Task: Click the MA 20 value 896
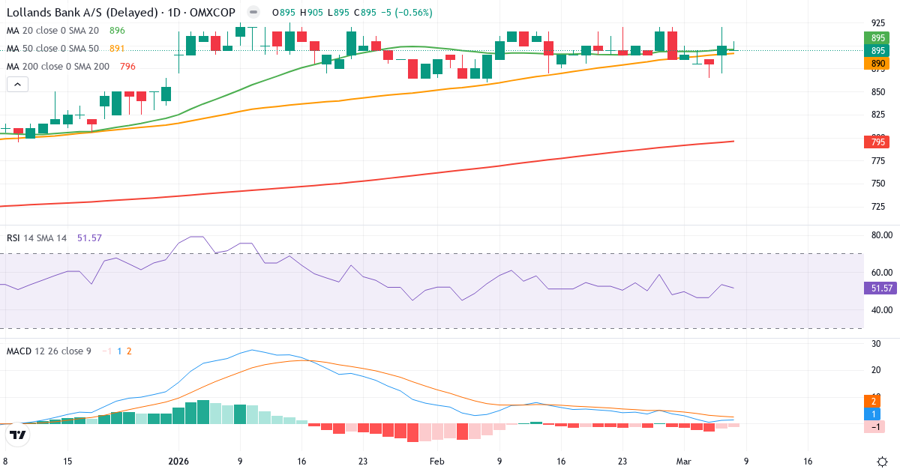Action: tap(117, 31)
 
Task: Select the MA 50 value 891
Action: tap(117, 49)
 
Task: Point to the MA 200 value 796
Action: tap(127, 67)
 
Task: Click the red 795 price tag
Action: tap(877, 142)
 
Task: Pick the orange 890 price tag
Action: tap(877, 64)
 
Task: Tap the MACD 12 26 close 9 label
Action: tap(49, 351)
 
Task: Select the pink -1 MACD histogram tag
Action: tap(874, 426)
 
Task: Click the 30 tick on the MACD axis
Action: tap(874, 344)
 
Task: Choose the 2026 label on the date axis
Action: tap(178, 462)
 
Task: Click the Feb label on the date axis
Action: tap(437, 462)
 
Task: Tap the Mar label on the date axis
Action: tap(683, 462)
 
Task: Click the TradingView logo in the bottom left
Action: tap(18, 435)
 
